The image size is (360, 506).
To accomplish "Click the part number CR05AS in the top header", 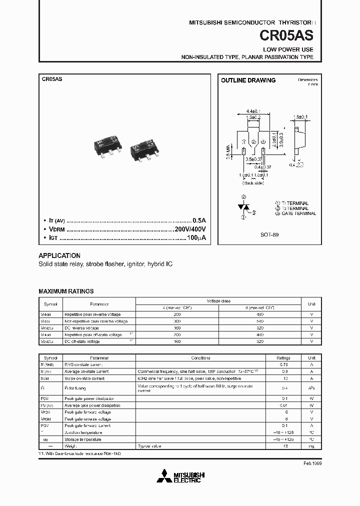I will click(x=286, y=36).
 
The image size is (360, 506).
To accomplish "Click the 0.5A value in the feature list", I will click(x=199, y=220).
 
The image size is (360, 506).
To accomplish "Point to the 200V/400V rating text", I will click(x=190, y=229).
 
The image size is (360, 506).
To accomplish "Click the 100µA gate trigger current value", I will click(x=197, y=238).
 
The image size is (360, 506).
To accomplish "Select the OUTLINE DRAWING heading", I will click(x=248, y=80).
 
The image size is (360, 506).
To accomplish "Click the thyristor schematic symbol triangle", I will click(x=243, y=206).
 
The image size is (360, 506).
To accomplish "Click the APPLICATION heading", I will click(x=59, y=255).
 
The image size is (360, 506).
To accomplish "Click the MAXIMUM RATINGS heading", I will click(x=66, y=291).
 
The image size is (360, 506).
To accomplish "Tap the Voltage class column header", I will click(x=218, y=300).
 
